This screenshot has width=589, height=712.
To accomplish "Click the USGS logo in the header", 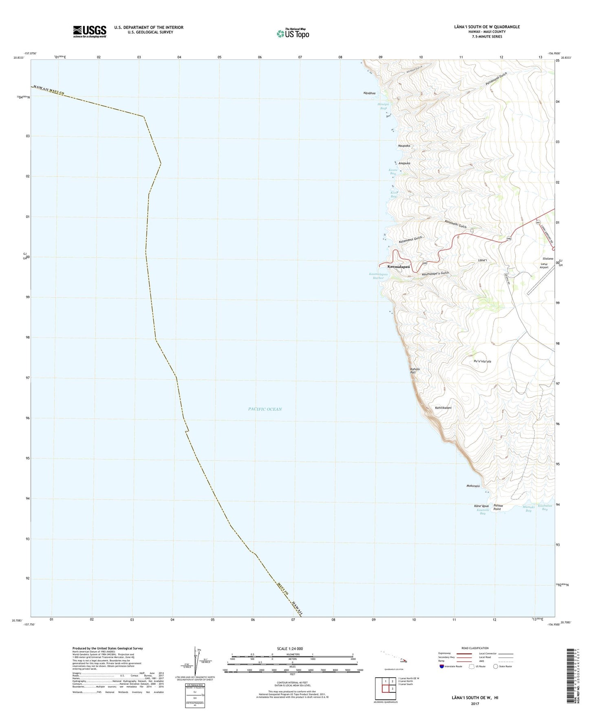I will (x=90, y=31).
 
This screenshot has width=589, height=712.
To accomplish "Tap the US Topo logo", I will (x=292, y=33).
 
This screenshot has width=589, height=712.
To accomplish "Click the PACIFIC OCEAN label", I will (x=265, y=409).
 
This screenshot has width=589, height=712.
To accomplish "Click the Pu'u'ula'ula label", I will (x=482, y=361).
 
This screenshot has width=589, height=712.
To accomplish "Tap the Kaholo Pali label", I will (x=415, y=371).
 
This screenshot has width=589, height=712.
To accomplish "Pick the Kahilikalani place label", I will (x=443, y=407).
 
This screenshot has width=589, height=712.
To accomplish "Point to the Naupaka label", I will (x=404, y=146).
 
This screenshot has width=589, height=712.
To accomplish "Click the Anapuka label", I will (x=404, y=163).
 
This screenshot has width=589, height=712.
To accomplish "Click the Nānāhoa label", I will (x=369, y=93).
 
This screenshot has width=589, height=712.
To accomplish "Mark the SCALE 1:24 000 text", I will (x=290, y=648).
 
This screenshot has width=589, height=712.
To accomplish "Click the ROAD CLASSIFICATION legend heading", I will (x=475, y=648).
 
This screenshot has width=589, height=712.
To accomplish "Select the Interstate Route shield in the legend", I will (x=442, y=666).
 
